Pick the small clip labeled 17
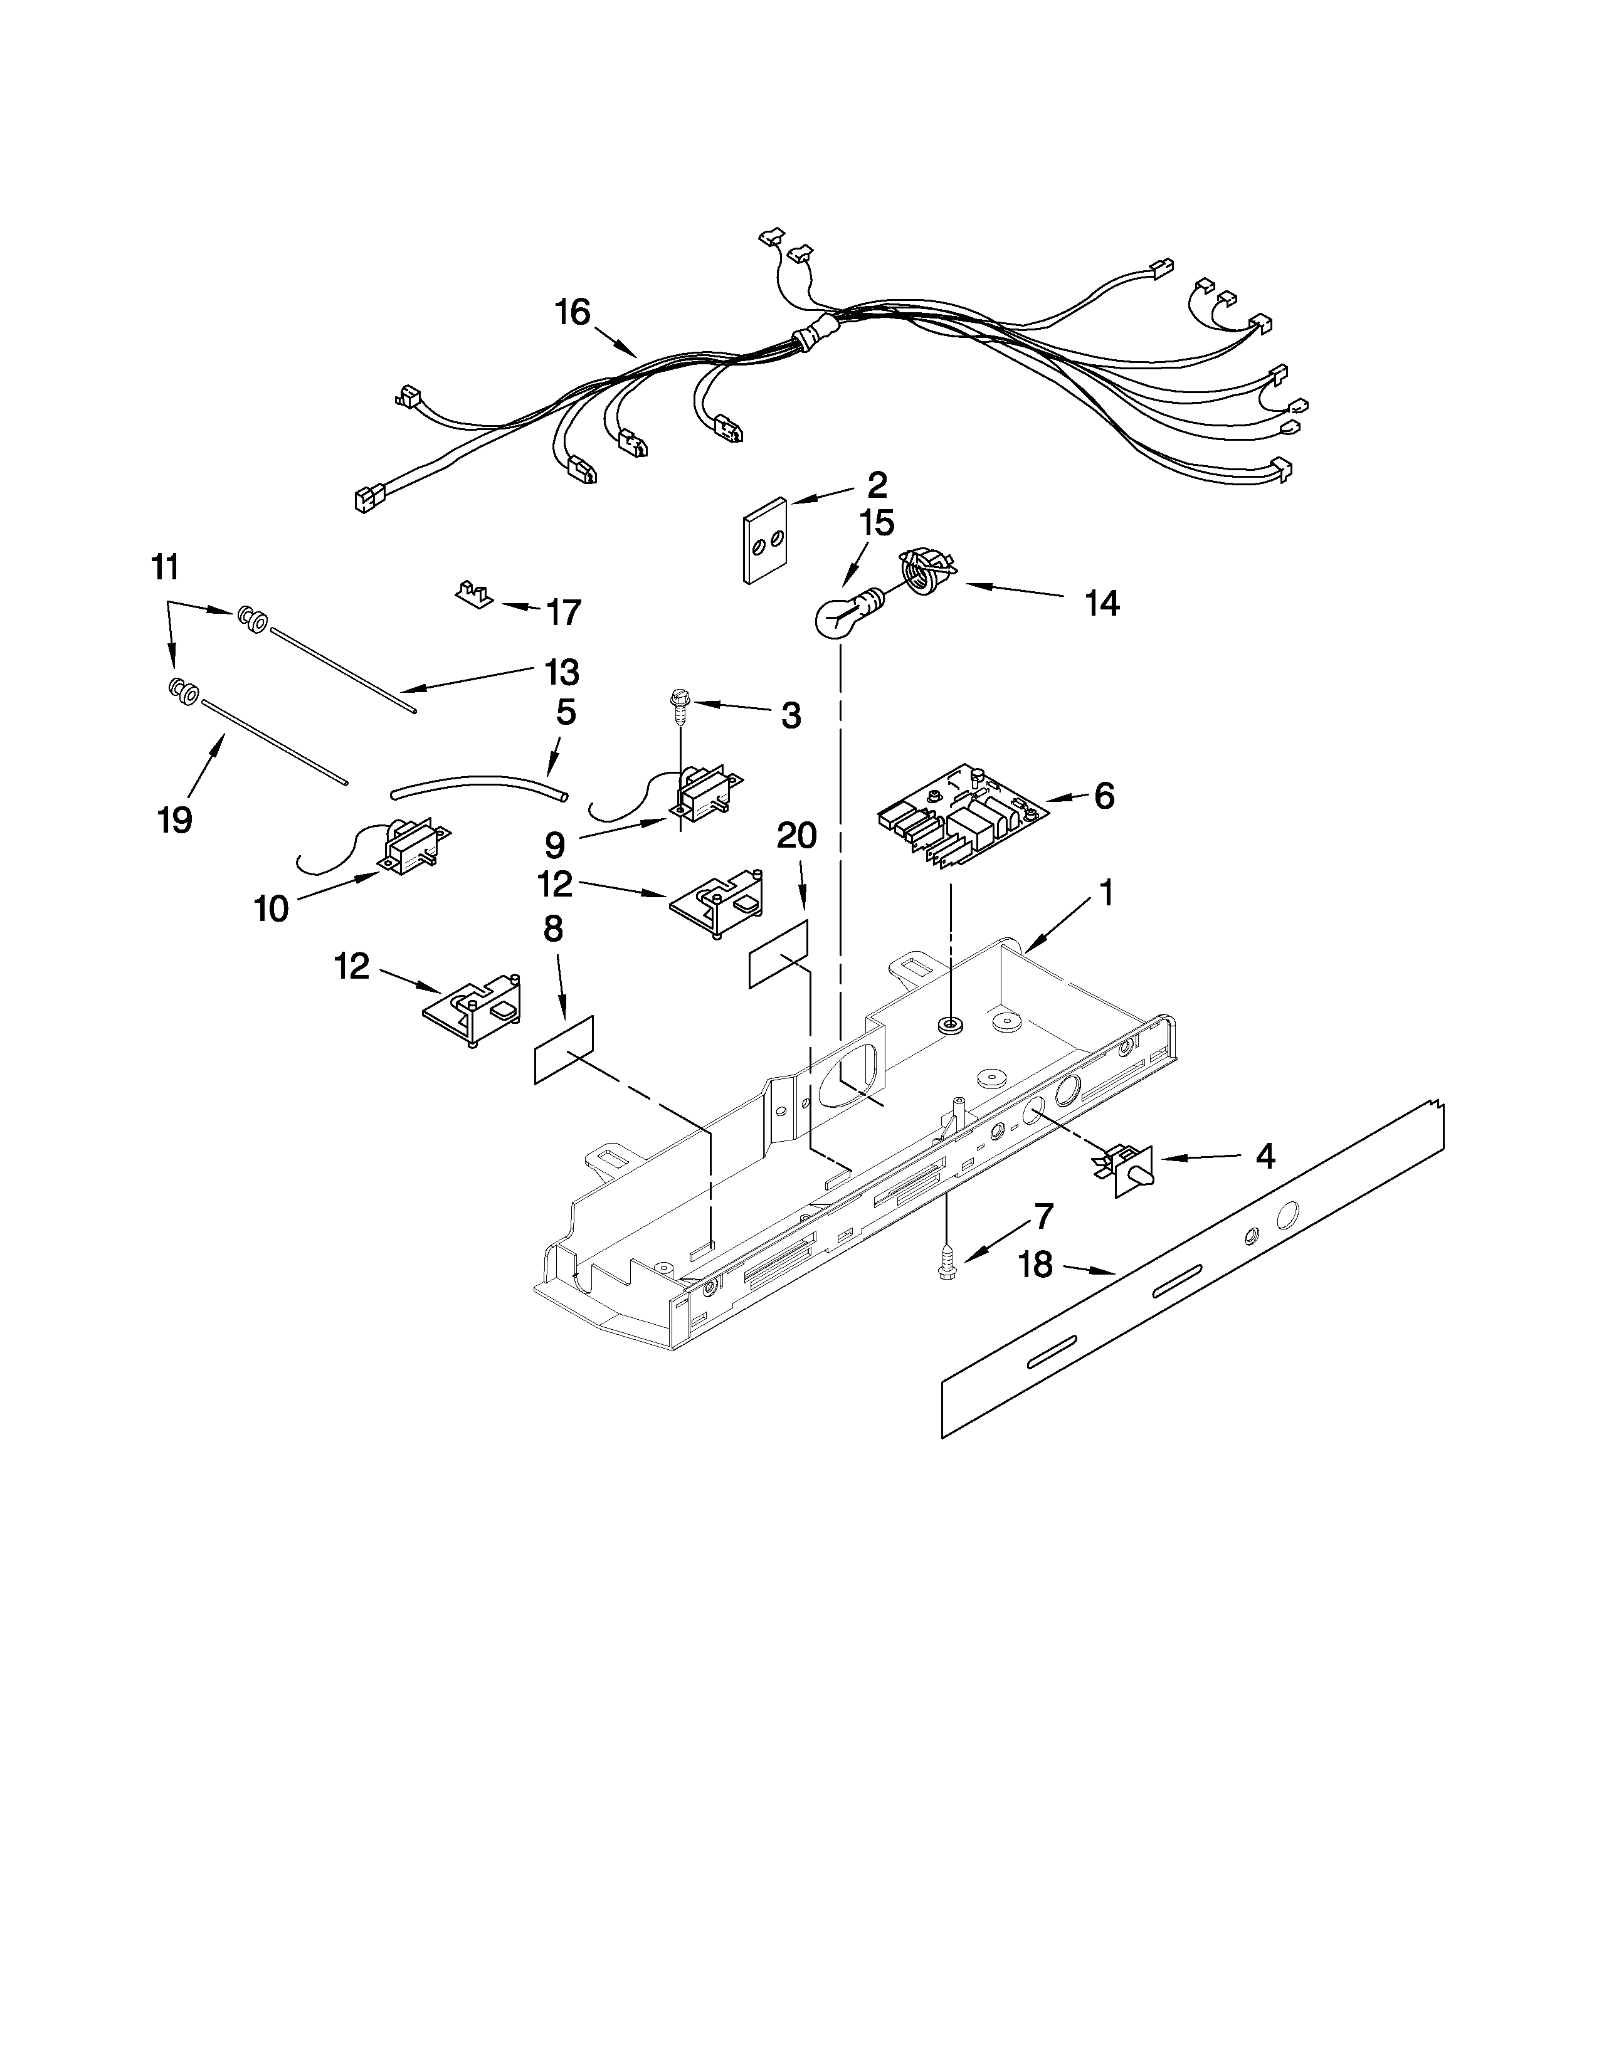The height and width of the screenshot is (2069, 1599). pos(472,595)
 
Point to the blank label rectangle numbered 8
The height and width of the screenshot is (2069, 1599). pos(564,1049)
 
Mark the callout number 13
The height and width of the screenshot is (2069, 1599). pos(562,673)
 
